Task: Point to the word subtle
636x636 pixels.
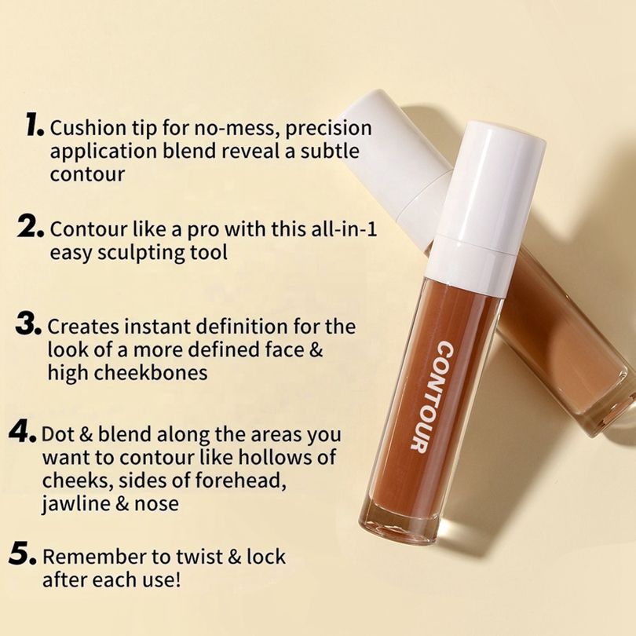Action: (x=330, y=151)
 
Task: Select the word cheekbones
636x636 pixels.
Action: (x=151, y=372)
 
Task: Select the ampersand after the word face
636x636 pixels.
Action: (x=316, y=349)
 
